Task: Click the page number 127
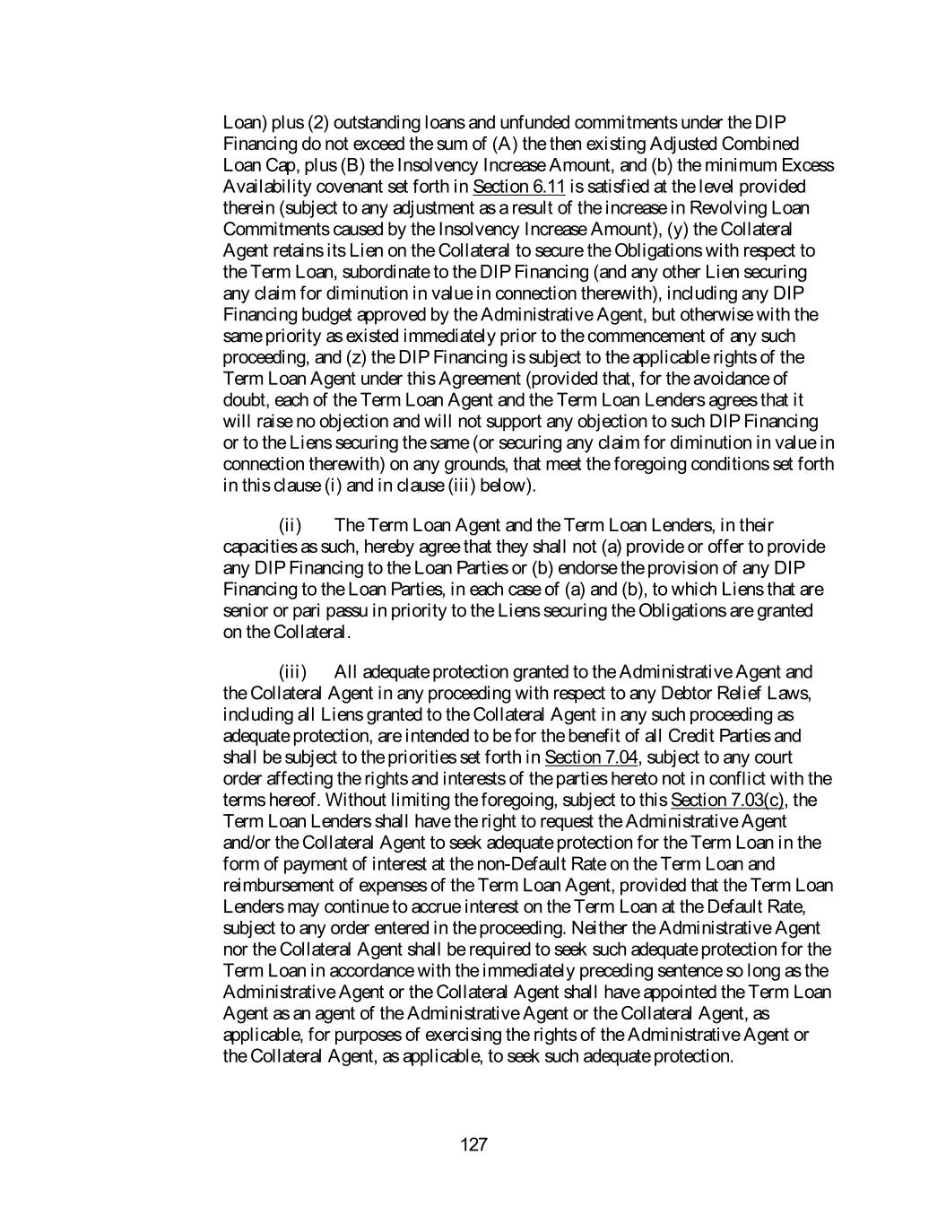tap(473, 1144)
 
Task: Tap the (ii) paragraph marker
tap(290, 525)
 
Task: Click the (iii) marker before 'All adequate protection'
tap(292, 672)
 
